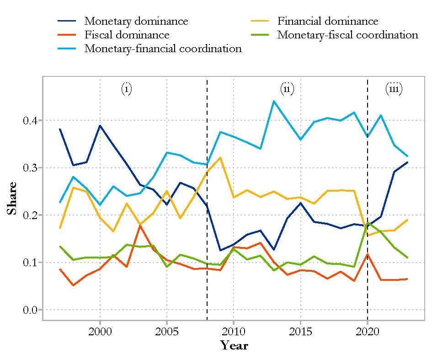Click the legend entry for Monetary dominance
coord(136,21)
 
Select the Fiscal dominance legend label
coord(127,35)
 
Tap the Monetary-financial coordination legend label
coord(163,48)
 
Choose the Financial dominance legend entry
coord(328,21)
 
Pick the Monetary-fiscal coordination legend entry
coord(347,35)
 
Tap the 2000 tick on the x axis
coord(100,331)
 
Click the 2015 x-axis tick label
coord(300,331)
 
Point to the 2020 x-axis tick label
coord(367,331)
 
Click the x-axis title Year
coord(234,345)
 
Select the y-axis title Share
coord(12,199)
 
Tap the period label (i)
coord(127,89)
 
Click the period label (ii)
coord(287,89)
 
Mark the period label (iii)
coord(394,89)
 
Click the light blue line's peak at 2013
coord(273,101)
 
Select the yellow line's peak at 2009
coord(220,157)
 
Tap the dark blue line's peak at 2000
coord(100,125)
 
